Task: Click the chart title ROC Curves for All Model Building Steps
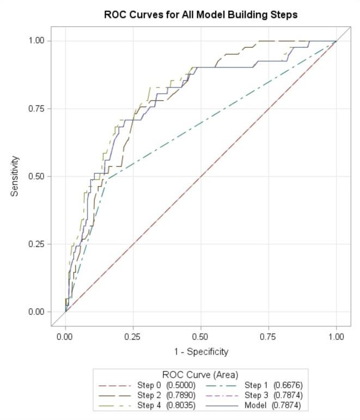[x=200, y=15]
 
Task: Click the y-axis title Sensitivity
[x=15, y=176]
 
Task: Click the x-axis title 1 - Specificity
[x=201, y=351]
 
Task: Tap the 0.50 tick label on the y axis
[x=36, y=176]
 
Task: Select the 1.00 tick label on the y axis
[x=36, y=41]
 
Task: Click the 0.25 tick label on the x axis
[x=133, y=337]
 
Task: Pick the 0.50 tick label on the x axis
[x=201, y=337]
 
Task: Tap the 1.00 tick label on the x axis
[x=336, y=337]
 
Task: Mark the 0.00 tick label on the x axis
[x=65, y=337]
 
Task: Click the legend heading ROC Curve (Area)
[x=200, y=375]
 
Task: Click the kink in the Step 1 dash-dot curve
[x=107, y=178]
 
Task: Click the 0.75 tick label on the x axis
[x=269, y=337]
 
